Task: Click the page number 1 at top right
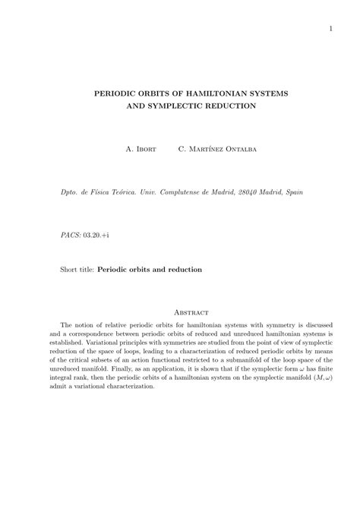tap(332, 30)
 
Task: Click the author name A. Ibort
tap(141, 149)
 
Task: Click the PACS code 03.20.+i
tap(99, 236)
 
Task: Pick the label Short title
tap(77, 269)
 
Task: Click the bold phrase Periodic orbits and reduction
tap(150, 269)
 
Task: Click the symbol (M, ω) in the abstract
tap(324, 378)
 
